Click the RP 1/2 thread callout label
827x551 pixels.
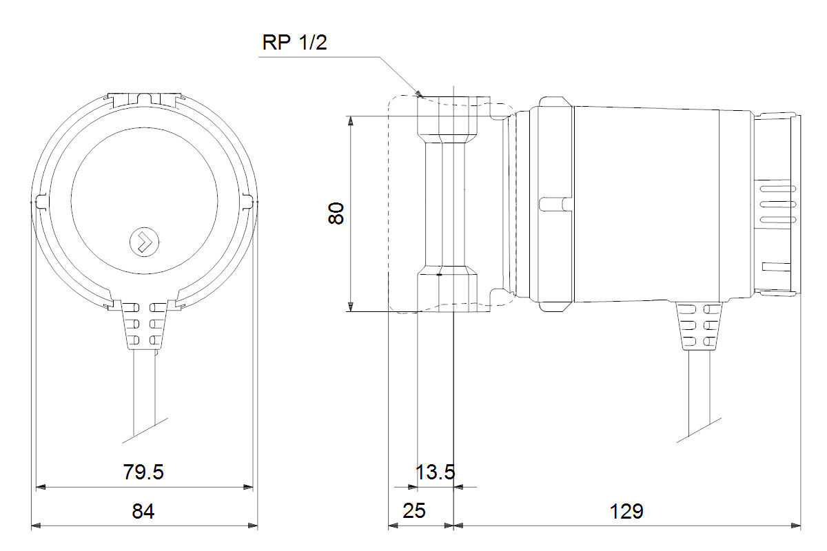(294, 43)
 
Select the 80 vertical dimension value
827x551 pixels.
(336, 214)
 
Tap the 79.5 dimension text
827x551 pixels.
(143, 472)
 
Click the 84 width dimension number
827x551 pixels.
(143, 512)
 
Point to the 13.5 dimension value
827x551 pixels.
(436, 472)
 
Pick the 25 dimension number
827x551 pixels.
(413, 512)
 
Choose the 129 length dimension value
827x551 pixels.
(626, 512)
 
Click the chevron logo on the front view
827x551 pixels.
(145, 242)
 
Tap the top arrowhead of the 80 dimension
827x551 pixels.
(351, 121)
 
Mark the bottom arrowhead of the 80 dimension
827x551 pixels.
(351, 306)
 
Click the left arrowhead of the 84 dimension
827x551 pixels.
(37, 526)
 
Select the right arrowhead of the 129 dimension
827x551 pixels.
(797, 526)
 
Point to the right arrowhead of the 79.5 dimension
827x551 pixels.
(249, 488)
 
